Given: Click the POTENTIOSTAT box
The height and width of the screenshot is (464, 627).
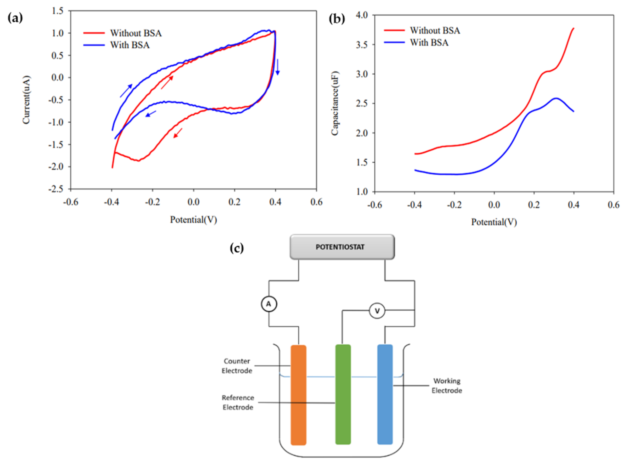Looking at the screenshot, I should [x=342, y=247].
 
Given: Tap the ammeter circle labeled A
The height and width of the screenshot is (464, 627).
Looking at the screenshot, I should [x=269, y=304].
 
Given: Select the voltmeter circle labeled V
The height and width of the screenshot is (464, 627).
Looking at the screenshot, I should [x=377, y=311].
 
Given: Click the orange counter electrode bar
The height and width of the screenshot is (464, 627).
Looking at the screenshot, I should [x=298, y=395].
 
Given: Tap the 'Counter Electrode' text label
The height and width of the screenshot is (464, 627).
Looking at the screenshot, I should [x=237, y=366].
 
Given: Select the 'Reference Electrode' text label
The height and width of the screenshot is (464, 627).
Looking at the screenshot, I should [x=238, y=402].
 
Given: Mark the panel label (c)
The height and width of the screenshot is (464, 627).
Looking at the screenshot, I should [x=237, y=248].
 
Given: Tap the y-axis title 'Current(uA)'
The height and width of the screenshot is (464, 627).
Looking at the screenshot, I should [x=26, y=100].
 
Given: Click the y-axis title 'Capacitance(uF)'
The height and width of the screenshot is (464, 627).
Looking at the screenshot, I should [x=335, y=103].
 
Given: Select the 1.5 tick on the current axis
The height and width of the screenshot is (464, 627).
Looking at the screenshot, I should [x=58, y=11].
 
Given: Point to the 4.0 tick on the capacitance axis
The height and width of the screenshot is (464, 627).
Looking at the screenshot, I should [x=362, y=15].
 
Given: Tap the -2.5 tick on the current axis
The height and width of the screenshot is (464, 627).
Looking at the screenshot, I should [x=56, y=189].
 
